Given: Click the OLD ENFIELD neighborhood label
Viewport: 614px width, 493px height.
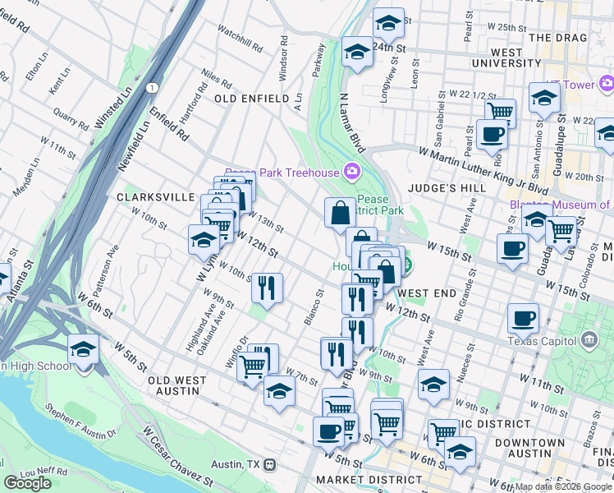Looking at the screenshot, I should pos(251,99).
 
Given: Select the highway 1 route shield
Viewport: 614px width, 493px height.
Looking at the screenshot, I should pos(152,87).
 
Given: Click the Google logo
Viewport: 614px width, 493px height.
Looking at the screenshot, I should pos(28,483).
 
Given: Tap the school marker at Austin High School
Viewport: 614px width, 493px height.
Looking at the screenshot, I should pos(83,350).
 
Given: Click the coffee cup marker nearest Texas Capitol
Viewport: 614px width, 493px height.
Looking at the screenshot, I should pos(523,319).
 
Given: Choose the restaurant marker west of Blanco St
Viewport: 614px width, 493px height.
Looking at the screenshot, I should pos(267,288).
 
